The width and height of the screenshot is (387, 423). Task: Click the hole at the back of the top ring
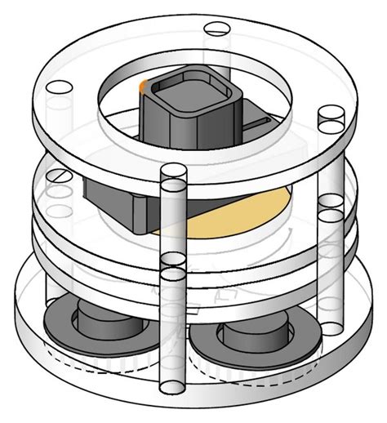coord(216,29)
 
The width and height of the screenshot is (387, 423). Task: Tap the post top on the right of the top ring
coord(331,119)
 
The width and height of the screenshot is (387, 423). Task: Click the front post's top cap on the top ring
coord(173,173)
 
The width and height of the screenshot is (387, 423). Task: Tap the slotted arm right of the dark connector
coord(260,122)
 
